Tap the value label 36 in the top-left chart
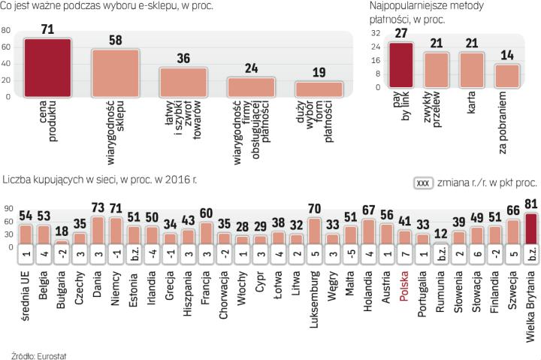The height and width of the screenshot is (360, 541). [x=183, y=58]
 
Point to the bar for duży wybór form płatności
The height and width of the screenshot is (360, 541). [x=319, y=89]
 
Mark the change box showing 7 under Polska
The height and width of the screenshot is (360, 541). [x=405, y=253]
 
